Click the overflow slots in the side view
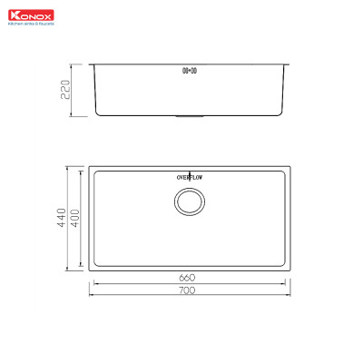pos(190,70)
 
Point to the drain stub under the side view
pos(190,117)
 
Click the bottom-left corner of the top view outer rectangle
pos(89,270)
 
